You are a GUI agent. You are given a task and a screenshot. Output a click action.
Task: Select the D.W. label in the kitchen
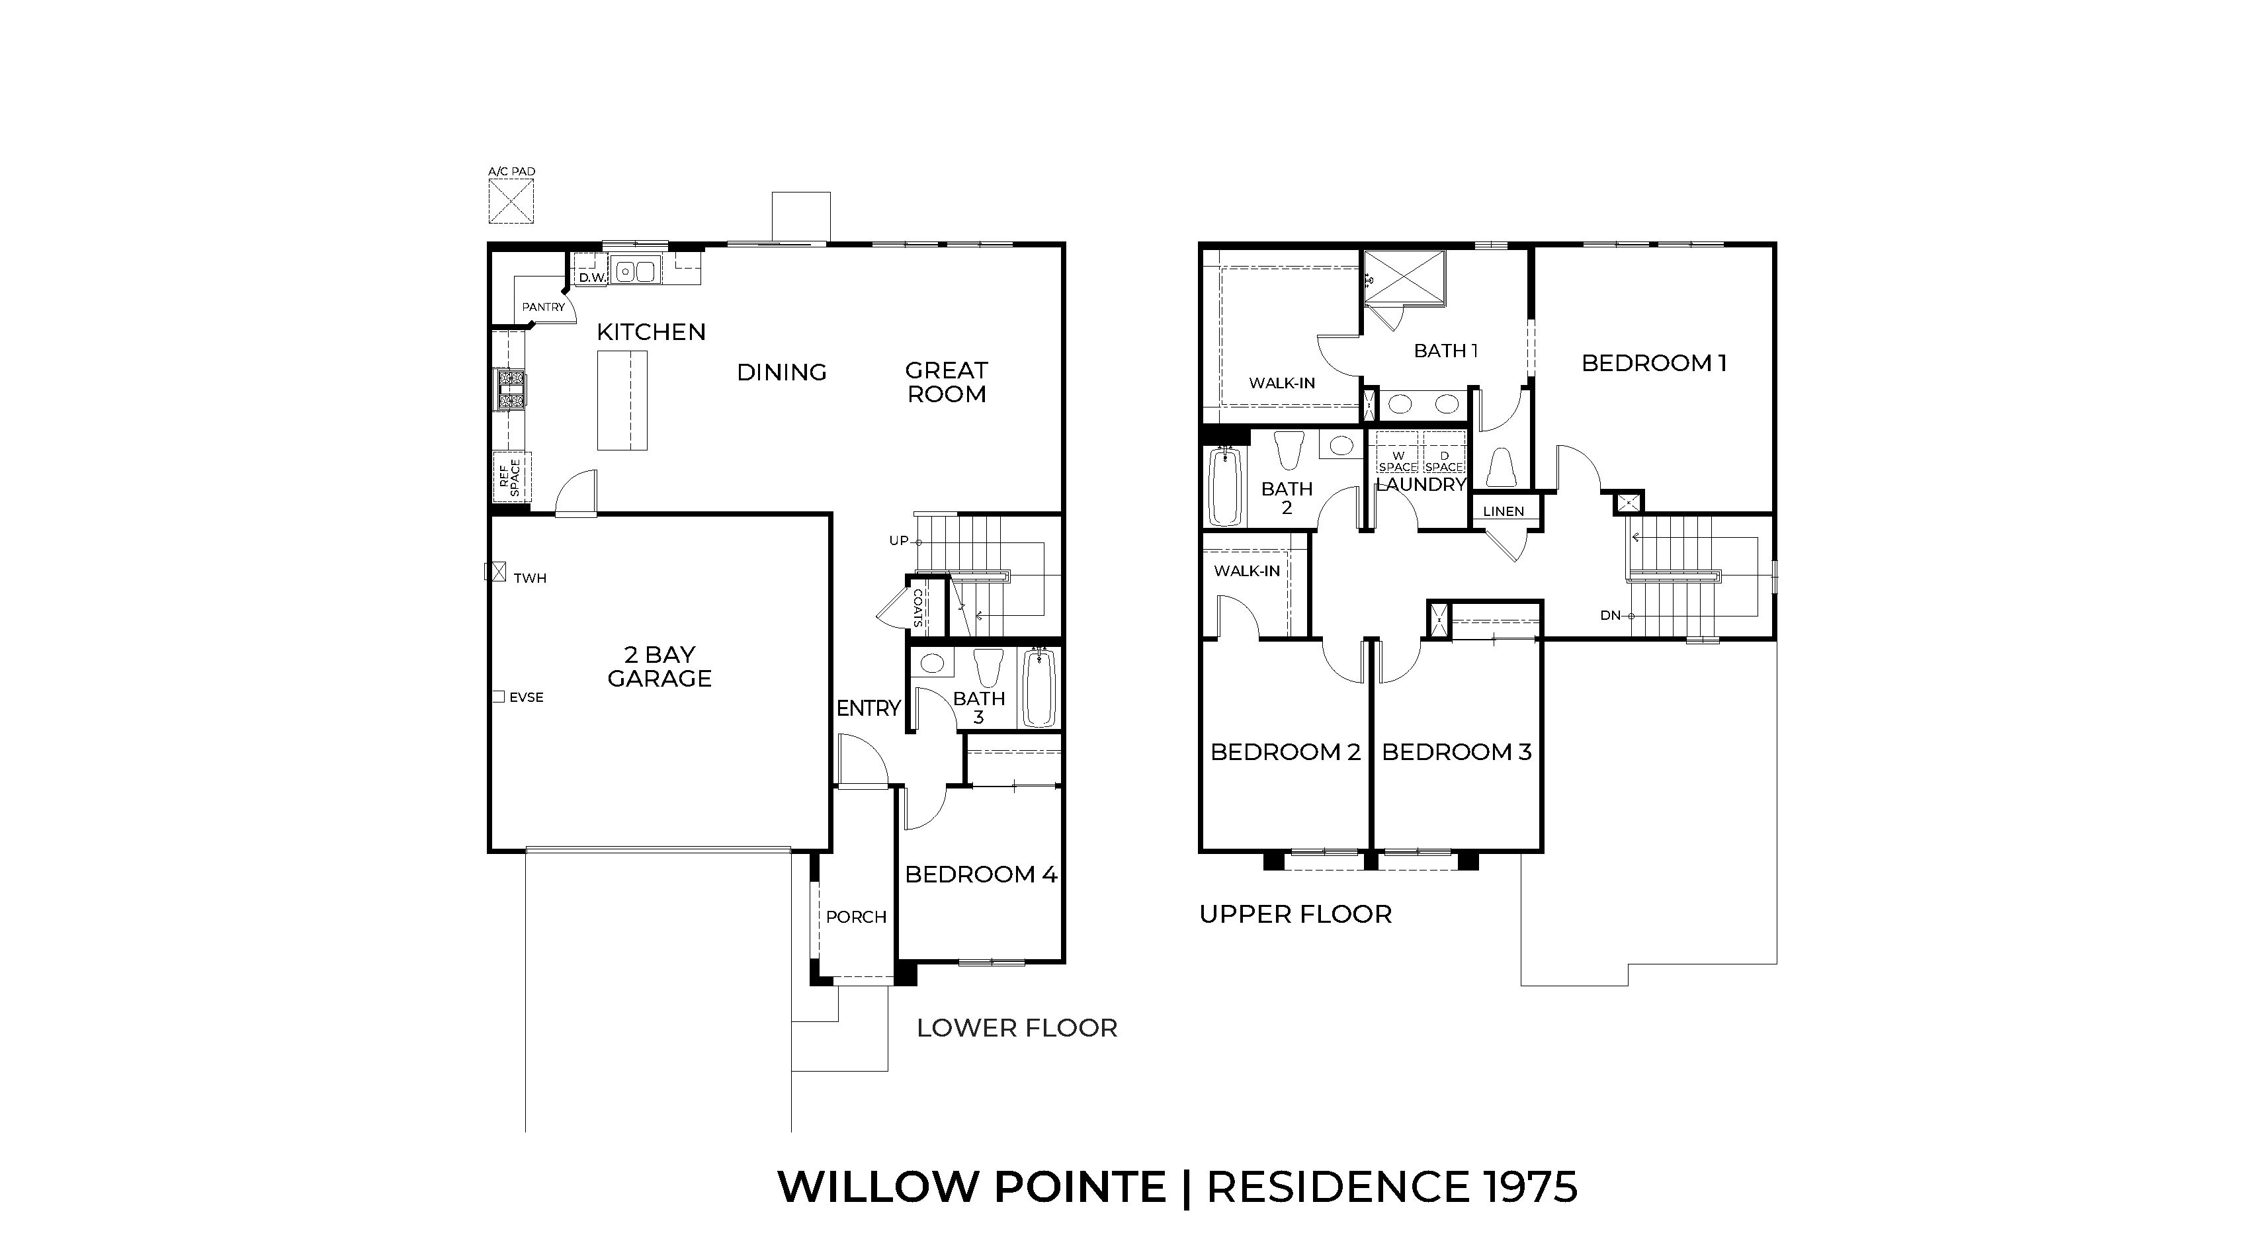tap(592, 278)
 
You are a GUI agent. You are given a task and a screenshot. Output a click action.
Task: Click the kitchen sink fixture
tap(636, 271)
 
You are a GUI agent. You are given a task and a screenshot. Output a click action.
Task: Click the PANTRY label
tap(543, 307)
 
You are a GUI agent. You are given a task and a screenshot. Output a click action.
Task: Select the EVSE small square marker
tap(499, 697)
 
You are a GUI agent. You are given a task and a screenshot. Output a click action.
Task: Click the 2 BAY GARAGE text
tap(659, 666)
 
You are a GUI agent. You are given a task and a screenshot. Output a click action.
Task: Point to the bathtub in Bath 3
tap(1039, 688)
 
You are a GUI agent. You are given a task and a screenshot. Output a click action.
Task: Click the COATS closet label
tap(917, 609)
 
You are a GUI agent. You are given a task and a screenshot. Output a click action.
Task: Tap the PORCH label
tap(855, 916)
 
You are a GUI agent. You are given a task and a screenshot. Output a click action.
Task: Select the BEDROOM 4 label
tap(980, 874)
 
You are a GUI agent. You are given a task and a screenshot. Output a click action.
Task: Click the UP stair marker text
tap(898, 540)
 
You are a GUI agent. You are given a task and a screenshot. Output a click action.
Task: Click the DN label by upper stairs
tap(1610, 615)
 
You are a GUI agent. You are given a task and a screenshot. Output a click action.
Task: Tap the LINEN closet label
tap(1504, 511)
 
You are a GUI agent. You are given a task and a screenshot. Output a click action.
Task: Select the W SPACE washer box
tap(1398, 462)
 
